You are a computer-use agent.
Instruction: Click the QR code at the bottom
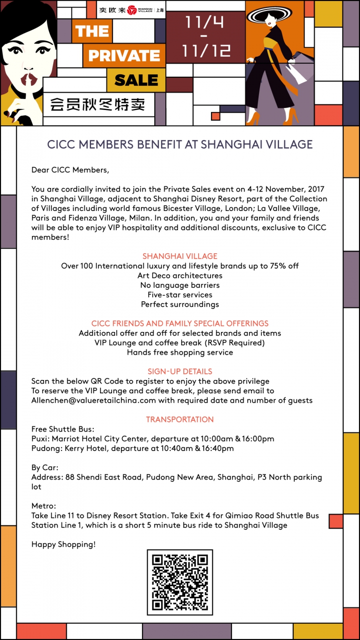(180, 582)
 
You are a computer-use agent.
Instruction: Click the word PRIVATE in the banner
(124, 56)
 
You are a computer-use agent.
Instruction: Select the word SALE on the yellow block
(136, 80)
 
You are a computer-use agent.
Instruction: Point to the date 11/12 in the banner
(206, 50)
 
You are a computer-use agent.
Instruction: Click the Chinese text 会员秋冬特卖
(98, 103)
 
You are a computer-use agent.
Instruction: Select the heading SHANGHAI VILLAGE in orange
(180, 256)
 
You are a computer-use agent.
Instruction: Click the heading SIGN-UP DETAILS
(180, 371)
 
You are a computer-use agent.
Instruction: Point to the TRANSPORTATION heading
(180, 420)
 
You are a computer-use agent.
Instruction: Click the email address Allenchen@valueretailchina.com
(94, 400)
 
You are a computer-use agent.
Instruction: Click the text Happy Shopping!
(63, 544)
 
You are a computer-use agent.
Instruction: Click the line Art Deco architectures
(180, 276)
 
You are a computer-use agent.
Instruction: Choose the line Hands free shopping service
(180, 352)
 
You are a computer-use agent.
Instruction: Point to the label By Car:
(45, 468)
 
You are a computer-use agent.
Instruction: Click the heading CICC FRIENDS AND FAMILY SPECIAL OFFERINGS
(180, 323)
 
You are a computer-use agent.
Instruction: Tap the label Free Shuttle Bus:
(60, 429)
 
